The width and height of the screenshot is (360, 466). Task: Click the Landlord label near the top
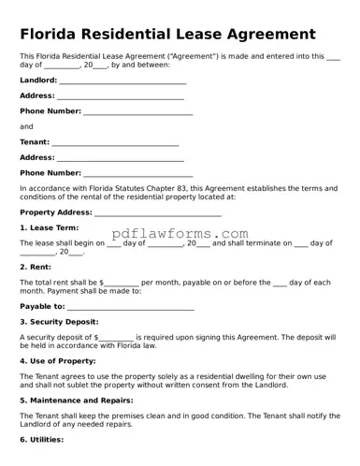point(37,80)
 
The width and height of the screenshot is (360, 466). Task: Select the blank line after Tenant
point(115,142)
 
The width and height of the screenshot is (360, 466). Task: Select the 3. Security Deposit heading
point(59,321)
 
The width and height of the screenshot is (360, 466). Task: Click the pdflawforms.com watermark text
point(180,233)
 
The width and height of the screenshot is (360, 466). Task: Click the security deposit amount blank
point(116,337)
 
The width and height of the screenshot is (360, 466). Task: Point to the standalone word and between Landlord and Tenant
point(26,126)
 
